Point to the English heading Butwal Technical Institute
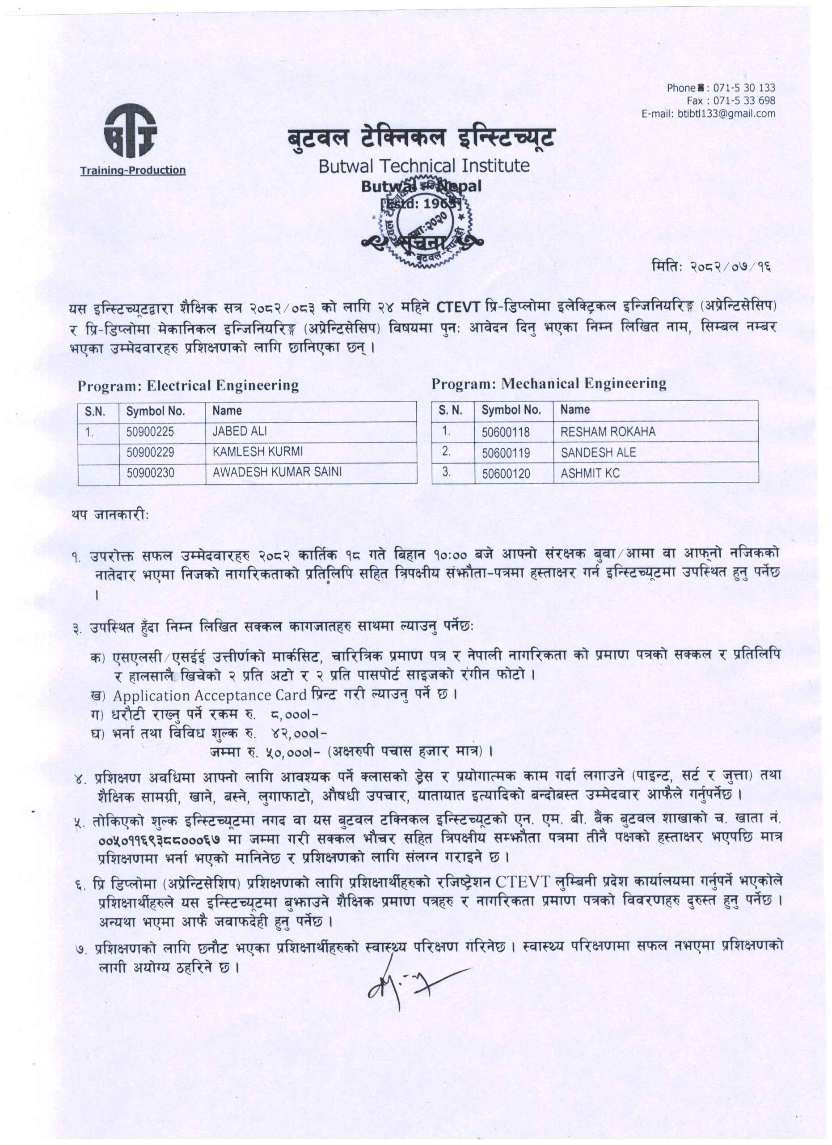click(x=424, y=165)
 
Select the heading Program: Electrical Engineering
click(x=188, y=386)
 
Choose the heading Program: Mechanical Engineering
click(x=549, y=384)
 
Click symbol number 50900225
click(x=150, y=432)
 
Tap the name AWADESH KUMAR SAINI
click(x=277, y=471)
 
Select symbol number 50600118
click(x=506, y=432)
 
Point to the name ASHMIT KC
click(x=590, y=474)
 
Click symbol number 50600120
click(x=506, y=474)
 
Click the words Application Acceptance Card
click(x=209, y=695)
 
